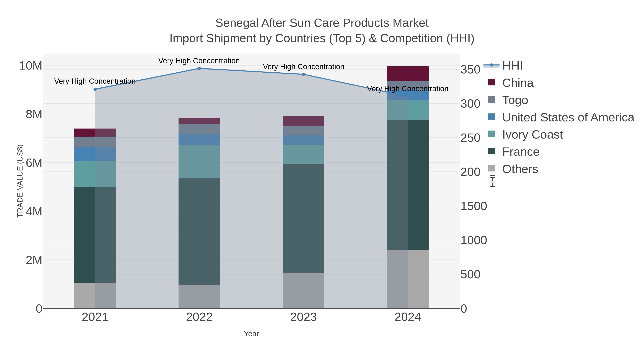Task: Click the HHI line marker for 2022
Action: tap(199, 68)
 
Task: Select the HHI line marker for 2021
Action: tap(95, 89)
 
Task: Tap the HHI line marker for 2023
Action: tap(304, 74)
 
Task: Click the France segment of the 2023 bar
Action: tap(304, 218)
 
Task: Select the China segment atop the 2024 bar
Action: tap(408, 74)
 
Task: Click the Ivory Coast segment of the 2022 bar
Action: tap(199, 161)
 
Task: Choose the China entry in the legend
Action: tap(518, 83)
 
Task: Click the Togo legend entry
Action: tap(515, 100)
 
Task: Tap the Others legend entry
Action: tap(520, 169)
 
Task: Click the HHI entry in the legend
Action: tap(512, 66)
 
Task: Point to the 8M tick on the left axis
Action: tap(34, 114)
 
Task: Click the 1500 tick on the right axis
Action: tap(474, 206)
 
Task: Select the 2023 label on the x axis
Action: tap(304, 317)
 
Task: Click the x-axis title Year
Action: tap(251, 334)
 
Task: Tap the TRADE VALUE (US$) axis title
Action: tap(20, 181)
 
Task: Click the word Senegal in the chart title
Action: tap(236, 23)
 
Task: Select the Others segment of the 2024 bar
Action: tap(408, 279)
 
